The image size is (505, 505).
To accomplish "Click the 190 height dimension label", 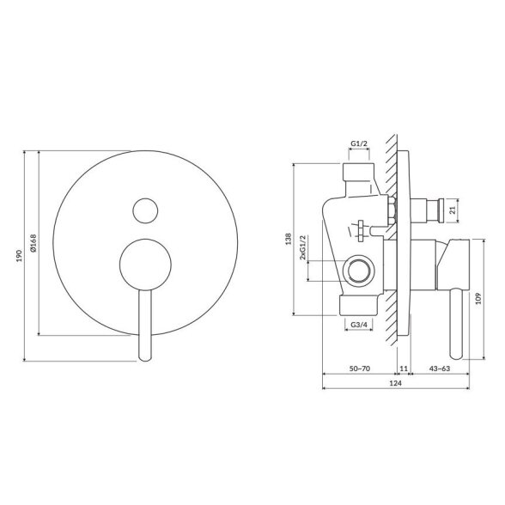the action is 20,255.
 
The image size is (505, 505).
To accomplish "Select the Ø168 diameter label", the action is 33,243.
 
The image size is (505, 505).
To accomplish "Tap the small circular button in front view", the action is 145,210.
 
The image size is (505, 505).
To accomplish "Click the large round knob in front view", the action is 145,265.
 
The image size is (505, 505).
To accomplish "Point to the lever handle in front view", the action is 145,325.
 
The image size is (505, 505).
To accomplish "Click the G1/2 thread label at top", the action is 359,143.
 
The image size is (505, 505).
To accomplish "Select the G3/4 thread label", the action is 359,325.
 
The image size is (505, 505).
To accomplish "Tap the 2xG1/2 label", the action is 302,247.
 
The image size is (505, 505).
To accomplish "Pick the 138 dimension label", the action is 289,239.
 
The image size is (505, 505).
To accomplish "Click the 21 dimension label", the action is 453,210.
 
